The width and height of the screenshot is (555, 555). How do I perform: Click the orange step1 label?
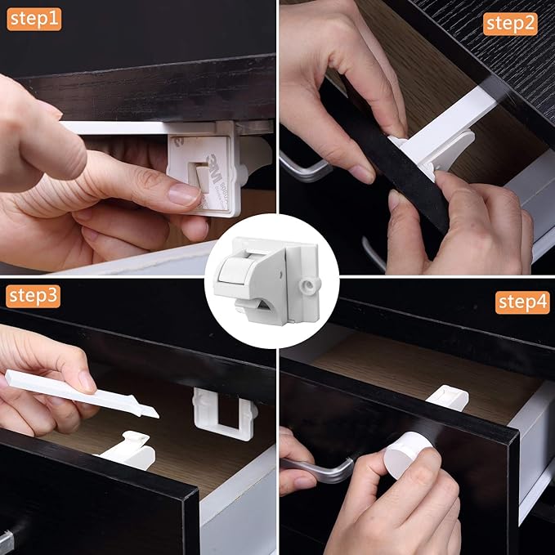coord(34,18)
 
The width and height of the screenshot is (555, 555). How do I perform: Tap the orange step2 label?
coord(511,23)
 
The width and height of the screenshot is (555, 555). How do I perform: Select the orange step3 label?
coord(33,296)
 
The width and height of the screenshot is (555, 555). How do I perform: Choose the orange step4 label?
coord(521,302)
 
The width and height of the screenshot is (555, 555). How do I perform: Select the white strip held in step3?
coord(82,392)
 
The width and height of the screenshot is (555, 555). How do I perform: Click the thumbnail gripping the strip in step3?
coord(86,382)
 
